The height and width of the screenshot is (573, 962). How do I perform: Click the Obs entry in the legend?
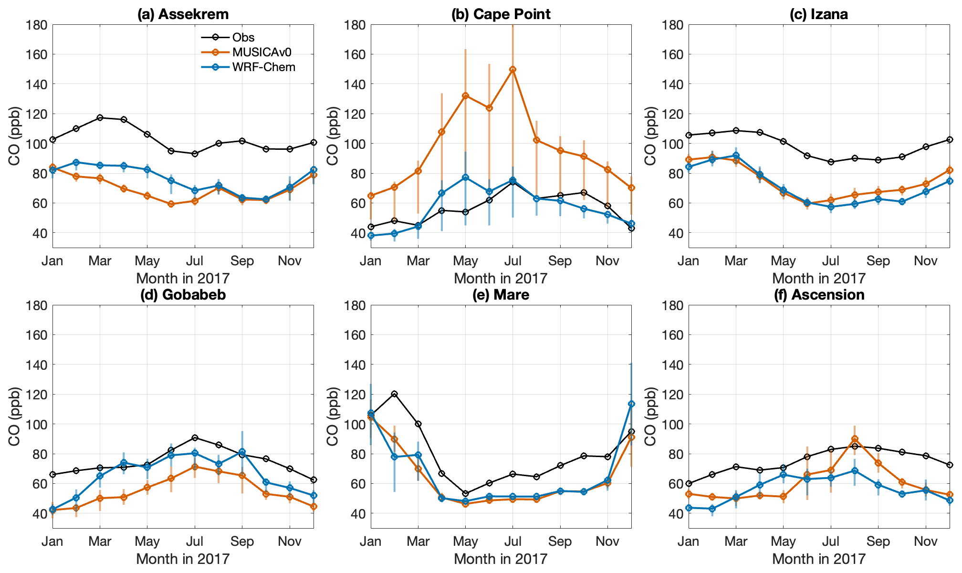[x=243, y=37]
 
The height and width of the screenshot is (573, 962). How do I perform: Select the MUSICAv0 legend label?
[x=261, y=52]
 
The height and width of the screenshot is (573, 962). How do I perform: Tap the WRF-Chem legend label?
[x=263, y=67]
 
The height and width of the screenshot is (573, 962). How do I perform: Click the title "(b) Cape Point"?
[x=501, y=14]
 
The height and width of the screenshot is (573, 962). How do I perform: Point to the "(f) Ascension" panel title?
[x=819, y=295]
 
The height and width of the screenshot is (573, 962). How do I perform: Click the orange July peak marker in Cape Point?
[x=512, y=69]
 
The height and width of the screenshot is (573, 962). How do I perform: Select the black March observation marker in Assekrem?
[x=100, y=117]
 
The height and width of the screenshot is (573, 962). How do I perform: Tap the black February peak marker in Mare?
[x=394, y=394]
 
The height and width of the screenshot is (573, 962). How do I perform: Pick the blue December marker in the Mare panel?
[x=631, y=404]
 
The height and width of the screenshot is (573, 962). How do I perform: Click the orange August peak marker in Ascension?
[x=855, y=439]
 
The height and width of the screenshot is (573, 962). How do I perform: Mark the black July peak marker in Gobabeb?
[x=195, y=438]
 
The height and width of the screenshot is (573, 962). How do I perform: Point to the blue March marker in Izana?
[x=736, y=156]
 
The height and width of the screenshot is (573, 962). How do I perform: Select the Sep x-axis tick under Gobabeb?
[x=242, y=542]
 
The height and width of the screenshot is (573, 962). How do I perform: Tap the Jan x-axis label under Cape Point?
[x=371, y=261]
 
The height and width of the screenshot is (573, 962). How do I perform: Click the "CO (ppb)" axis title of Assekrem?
[x=14, y=136]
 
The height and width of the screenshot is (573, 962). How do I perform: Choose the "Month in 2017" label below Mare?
[x=501, y=559]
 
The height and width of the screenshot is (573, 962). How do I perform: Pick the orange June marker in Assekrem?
[x=171, y=204]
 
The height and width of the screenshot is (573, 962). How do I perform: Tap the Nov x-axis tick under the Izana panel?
[x=926, y=261]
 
